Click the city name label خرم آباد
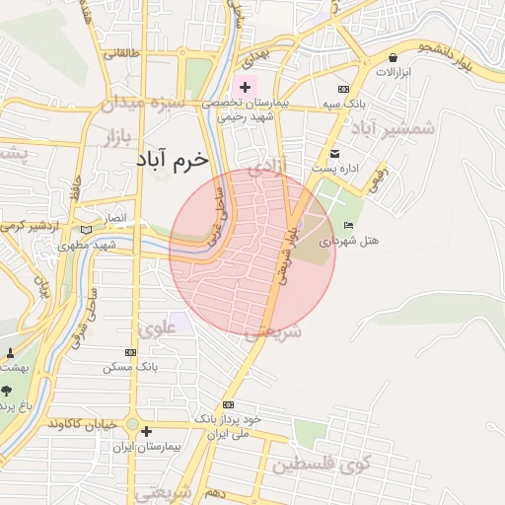point(172,158)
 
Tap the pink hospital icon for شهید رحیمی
point(245,88)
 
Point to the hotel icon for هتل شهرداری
point(347,226)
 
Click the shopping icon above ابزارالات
point(394,57)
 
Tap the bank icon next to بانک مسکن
point(130,352)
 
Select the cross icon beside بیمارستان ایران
point(146,431)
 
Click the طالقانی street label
point(128,53)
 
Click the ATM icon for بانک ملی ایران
point(201,402)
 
